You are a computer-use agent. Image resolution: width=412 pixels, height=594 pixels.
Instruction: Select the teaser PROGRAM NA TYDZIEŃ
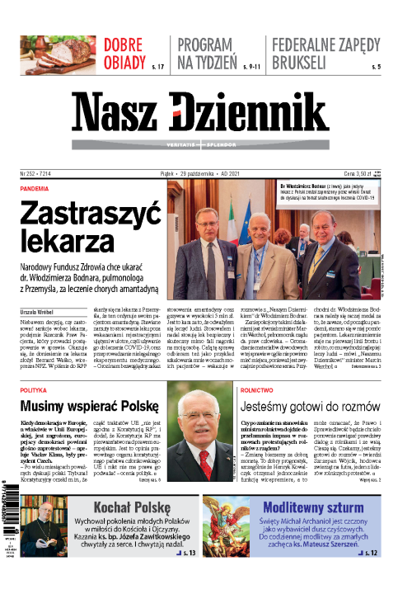(x=209, y=50)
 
